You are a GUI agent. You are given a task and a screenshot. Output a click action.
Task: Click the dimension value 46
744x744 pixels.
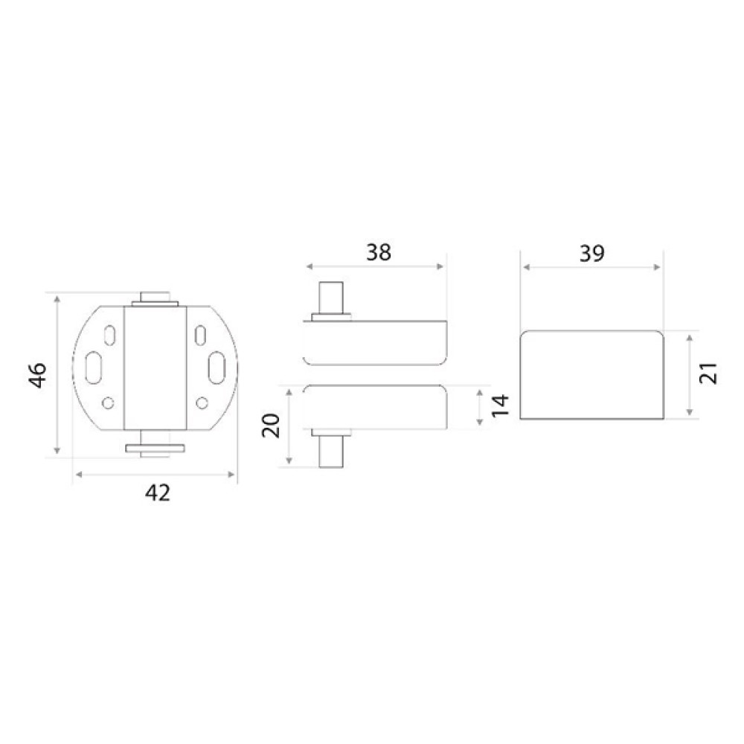point(39,375)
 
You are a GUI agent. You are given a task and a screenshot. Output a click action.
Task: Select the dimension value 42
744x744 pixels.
point(158,493)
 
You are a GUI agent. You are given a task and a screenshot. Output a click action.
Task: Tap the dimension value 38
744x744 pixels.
point(379,252)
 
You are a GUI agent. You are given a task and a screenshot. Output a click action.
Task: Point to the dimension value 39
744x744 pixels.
point(592,254)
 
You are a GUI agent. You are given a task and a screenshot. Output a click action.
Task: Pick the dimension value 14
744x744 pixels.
point(501,405)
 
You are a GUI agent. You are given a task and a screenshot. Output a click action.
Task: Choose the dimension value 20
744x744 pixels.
point(272,426)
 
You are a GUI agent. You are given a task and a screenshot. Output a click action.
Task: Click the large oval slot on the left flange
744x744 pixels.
point(93,368)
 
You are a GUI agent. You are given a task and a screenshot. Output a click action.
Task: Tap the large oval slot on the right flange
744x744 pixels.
point(217,368)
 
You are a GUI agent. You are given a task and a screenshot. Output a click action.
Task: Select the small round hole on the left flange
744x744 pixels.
point(108,403)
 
